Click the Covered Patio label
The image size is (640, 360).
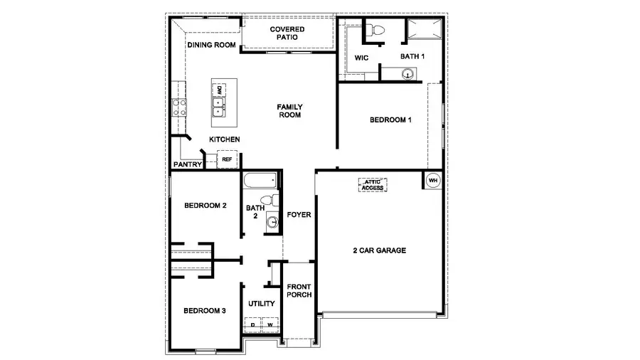(287, 33)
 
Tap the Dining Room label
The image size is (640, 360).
(211, 46)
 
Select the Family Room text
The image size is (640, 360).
(289, 110)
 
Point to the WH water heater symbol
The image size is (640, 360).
(433, 180)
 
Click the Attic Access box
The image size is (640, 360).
(373, 184)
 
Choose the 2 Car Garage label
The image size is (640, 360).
(379, 250)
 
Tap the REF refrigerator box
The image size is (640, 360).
(227, 160)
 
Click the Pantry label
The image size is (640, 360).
(188, 164)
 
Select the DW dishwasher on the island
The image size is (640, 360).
(220, 90)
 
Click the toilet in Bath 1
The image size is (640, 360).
(377, 30)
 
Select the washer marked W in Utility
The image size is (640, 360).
(270, 325)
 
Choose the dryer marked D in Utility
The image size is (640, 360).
(253, 325)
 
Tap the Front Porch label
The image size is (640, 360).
(299, 291)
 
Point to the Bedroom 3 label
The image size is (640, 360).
(205, 310)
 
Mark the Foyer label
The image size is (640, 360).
(299, 214)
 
